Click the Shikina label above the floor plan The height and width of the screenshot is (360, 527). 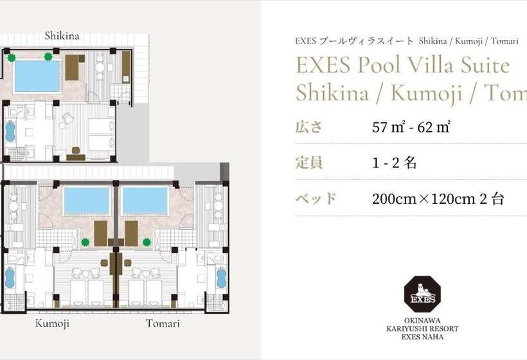click(62, 36)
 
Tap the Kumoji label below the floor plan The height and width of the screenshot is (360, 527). click(53, 323)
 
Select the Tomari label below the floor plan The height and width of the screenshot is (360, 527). click(163, 323)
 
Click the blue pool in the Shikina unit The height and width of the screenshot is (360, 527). click(37, 76)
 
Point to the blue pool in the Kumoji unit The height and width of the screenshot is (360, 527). click(86, 201)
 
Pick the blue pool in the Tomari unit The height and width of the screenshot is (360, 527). click(145, 201)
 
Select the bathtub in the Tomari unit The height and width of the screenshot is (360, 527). click(221, 278)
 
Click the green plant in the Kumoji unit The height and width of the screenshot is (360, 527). click(85, 242)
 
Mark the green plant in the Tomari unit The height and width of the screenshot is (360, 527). click(147, 242)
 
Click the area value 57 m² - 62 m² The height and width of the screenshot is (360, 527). click(411, 127)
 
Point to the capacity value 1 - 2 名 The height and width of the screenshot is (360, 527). click(395, 163)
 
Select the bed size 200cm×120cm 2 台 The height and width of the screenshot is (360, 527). click(438, 199)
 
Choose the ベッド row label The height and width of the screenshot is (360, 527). click(316, 199)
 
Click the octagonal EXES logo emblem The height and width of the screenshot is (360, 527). click(422, 294)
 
